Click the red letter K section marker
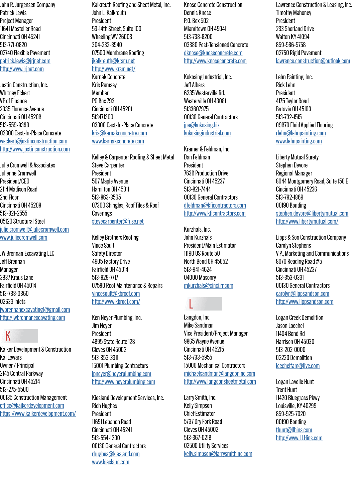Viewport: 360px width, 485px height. click(8, 336)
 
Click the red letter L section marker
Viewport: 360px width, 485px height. click(191, 304)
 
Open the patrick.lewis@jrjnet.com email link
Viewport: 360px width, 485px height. click(25, 61)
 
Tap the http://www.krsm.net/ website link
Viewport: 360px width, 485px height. click(114, 69)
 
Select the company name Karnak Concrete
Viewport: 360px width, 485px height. click(109, 77)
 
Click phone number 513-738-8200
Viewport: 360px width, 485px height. click(198, 37)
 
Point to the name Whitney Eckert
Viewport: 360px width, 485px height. click(15, 93)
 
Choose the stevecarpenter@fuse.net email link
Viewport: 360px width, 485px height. click(118, 222)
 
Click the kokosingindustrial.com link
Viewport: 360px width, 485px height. click(207, 133)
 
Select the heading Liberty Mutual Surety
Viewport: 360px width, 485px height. click(297, 157)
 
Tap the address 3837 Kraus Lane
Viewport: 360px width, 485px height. click(17, 277)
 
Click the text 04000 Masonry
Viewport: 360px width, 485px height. click(200, 277)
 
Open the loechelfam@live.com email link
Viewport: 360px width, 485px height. click(298, 366)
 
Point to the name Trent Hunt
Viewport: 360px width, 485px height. click(286, 390)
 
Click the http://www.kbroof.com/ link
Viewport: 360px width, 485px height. click(116, 302)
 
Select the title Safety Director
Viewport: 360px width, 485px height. click(107, 253)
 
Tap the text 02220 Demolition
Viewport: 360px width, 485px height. click(294, 358)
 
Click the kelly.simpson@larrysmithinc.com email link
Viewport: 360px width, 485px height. click(218, 454)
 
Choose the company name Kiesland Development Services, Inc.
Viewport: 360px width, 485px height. click(128, 398)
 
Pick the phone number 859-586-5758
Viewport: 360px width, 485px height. click(291, 45)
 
